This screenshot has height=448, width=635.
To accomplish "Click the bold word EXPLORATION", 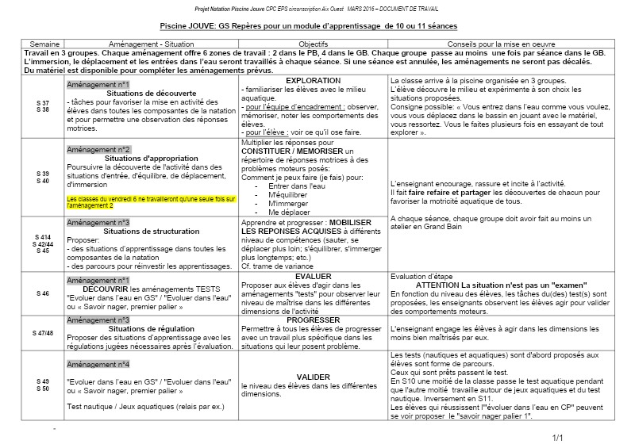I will click(x=313, y=81).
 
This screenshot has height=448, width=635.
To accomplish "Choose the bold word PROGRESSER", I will click(x=313, y=320).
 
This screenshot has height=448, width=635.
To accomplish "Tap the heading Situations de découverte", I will click(x=152, y=93).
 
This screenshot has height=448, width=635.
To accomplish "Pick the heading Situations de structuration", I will click(x=152, y=232).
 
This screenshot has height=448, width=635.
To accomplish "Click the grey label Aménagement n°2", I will click(x=99, y=149).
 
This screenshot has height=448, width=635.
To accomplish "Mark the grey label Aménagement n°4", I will click(x=98, y=364).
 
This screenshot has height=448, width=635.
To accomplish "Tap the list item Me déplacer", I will click(x=289, y=212).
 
